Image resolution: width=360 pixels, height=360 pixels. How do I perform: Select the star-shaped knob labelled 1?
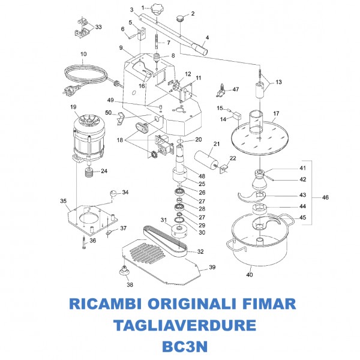point(157,10)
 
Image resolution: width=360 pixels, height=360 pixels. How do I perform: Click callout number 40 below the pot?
point(249,275)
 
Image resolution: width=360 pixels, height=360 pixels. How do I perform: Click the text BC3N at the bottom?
point(180,347)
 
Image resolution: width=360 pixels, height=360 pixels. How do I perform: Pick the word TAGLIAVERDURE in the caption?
point(180,325)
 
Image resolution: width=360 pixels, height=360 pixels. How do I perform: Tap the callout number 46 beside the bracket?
point(325,197)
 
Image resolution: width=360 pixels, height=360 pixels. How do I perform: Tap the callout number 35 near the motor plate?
point(63,201)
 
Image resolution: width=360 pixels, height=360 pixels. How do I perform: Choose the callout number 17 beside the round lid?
point(277,113)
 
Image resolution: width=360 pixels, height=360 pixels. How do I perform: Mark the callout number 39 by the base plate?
point(212,268)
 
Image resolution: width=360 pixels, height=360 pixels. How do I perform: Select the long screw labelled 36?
point(81,242)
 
